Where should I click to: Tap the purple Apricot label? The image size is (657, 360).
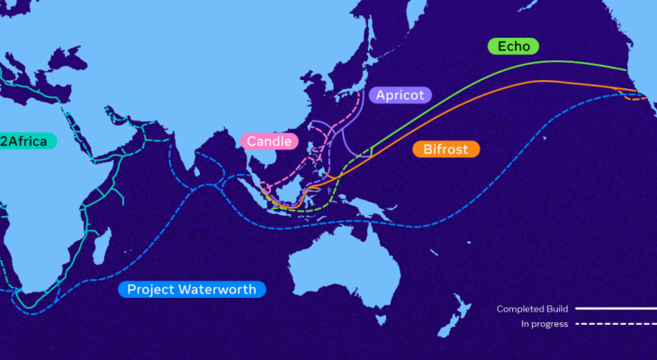tap(400, 94)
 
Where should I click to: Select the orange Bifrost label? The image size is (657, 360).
tap(445, 148)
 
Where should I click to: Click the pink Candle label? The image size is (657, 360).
tap(268, 142)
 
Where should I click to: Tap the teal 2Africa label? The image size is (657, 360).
tap(27, 140)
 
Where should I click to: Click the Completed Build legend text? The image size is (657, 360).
tap(532, 309)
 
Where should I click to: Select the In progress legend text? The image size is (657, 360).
tap(544, 324)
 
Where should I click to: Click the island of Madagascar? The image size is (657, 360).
tap(102, 243)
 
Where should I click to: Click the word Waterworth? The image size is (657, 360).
tap(220, 289)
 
